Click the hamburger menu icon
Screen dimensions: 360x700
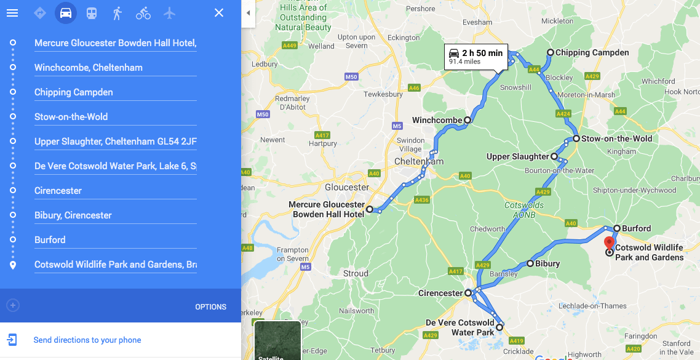[x=12, y=13]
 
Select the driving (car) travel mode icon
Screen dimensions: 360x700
[x=66, y=13]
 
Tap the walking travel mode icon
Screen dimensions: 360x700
[x=117, y=13]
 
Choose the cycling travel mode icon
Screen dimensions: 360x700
[x=143, y=13]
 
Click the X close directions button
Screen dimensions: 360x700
[x=219, y=13]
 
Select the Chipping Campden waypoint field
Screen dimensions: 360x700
[x=115, y=92]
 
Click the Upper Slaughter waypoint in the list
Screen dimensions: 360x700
[x=115, y=142]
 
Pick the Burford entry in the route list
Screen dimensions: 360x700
[x=115, y=240]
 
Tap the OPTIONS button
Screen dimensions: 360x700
[x=210, y=306]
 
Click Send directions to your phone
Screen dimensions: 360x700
[x=87, y=340]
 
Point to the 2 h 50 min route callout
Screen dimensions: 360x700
[x=477, y=56]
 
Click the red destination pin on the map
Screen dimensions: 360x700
[x=609, y=242]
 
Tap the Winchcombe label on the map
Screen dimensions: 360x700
[x=437, y=120]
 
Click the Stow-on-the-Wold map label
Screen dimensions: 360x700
[x=616, y=138]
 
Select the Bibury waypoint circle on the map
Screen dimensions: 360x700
[x=530, y=263]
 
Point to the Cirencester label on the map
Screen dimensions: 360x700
[x=440, y=293]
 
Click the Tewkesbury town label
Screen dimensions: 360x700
[x=383, y=94]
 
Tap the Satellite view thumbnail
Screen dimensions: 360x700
[x=277, y=340]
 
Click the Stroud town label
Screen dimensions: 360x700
[x=356, y=273]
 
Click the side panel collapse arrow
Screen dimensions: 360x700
[x=248, y=13]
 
